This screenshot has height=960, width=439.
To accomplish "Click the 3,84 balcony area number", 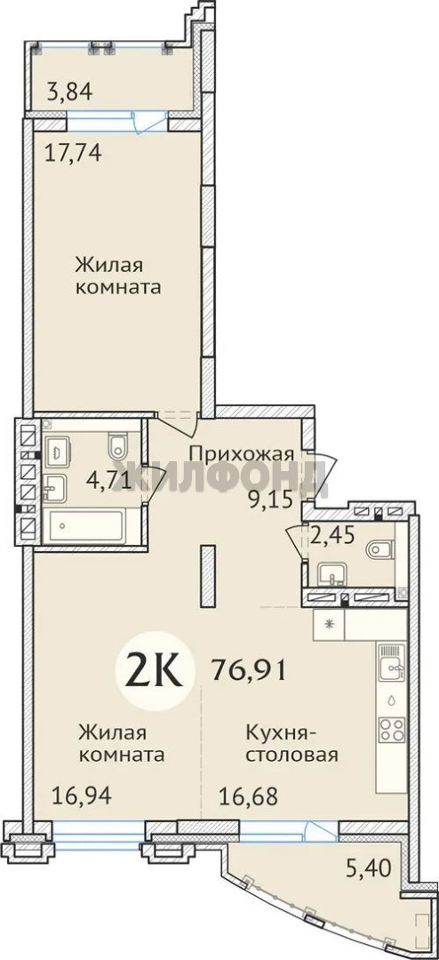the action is (x=70, y=92).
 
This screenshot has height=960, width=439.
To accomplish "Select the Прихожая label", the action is (x=242, y=455).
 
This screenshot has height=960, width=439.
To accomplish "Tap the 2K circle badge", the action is (x=154, y=672).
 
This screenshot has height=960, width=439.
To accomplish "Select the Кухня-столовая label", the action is (x=292, y=742).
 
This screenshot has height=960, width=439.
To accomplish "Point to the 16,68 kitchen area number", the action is (x=249, y=796).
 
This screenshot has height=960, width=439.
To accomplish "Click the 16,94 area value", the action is (x=82, y=796).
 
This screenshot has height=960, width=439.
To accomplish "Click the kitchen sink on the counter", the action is (x=391, y=663).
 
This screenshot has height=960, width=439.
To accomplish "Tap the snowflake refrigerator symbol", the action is (x=330, y=625).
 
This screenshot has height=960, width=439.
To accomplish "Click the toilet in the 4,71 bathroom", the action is (x=117, y=445).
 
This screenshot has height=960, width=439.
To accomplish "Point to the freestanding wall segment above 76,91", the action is (x=209, y=577).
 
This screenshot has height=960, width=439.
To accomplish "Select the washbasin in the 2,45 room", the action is (x=331, y=575).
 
